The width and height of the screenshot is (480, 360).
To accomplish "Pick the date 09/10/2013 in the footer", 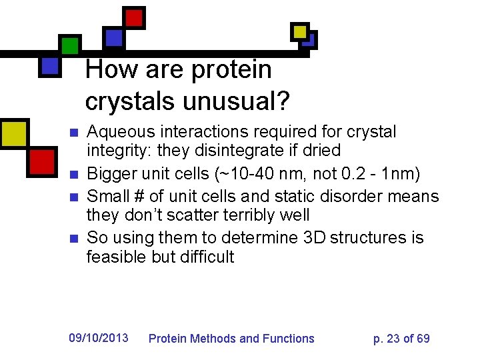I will point(99,338).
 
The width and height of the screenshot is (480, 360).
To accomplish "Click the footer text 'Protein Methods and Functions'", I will point(231,339).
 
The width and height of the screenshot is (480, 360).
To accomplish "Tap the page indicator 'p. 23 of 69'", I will point(401,339).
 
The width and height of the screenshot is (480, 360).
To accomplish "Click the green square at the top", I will point(69,45).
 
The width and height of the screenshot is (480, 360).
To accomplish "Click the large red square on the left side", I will point(41,160).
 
